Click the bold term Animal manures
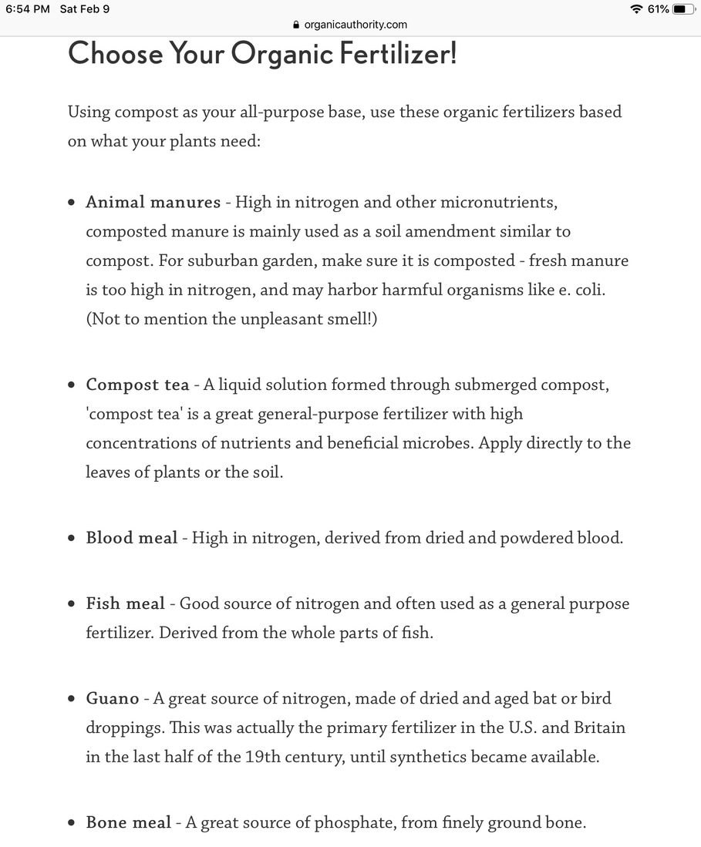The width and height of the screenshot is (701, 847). (x=153, y=203)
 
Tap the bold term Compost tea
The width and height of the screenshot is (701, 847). (x=137, y=385)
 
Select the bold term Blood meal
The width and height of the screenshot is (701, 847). (x=131, y=538)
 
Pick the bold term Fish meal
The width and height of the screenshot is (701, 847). (x=125, y=604)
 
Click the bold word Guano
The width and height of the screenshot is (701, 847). (x=112, y=699)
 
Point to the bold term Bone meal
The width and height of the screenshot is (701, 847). (x=128, y=823)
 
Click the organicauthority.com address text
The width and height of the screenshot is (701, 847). (x=356, y=25)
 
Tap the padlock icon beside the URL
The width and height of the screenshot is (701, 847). (x=296, y=25)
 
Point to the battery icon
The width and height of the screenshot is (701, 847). (x=683, y=9)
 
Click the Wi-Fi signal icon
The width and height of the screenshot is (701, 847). (x=636, y=9)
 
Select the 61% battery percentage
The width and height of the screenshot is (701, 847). (x=658, y=9)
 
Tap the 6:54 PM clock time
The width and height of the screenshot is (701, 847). (x=27, y=9)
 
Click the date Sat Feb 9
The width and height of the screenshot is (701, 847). (x=84, y=9)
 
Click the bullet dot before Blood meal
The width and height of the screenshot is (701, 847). (x=72, y=539)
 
